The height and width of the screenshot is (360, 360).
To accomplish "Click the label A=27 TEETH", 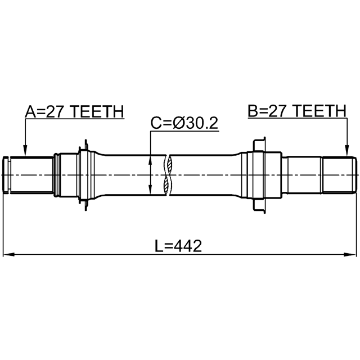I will (74, 112).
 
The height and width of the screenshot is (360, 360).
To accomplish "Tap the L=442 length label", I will (178, 246).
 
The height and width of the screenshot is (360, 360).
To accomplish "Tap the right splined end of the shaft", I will (337, 175).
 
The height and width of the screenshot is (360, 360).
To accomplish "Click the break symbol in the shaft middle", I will (167, 175).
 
